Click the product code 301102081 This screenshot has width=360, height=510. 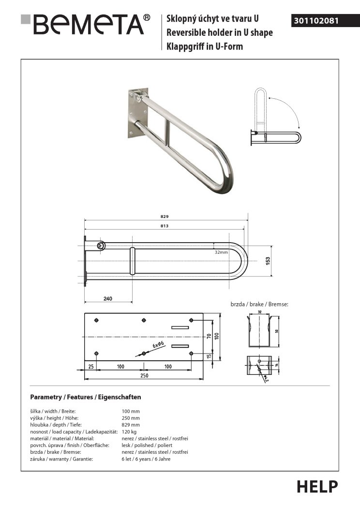pyautogui.click(x=316, y=21)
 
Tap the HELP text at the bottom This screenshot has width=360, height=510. pyautogui.click(x=317, y=486)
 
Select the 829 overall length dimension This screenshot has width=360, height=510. pyautogui.click(x=165, y=216)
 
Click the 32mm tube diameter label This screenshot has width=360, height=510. pyautogui.click(x=221, y=252)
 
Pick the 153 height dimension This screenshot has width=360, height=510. pyautogui.click(x=268, y=260)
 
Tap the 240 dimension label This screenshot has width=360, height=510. pyautogui.click(x=107, y=299)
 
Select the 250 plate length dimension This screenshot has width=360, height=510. pyautogui.click(x=144, y=376)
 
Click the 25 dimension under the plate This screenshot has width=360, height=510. pyautogui.click(x=91, y=367)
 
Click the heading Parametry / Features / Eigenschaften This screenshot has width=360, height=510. pyautogui.click(x=85, y=397)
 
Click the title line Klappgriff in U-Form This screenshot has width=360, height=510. pyautogui.click(x=204, y=47)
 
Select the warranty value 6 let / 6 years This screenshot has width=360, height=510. pyautogui.click(x=146, y=459)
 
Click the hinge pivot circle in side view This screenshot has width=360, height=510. pyautogui.click(x=102, y=246)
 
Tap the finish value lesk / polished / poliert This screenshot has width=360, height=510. pyautogui.click(x=147, y=445)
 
